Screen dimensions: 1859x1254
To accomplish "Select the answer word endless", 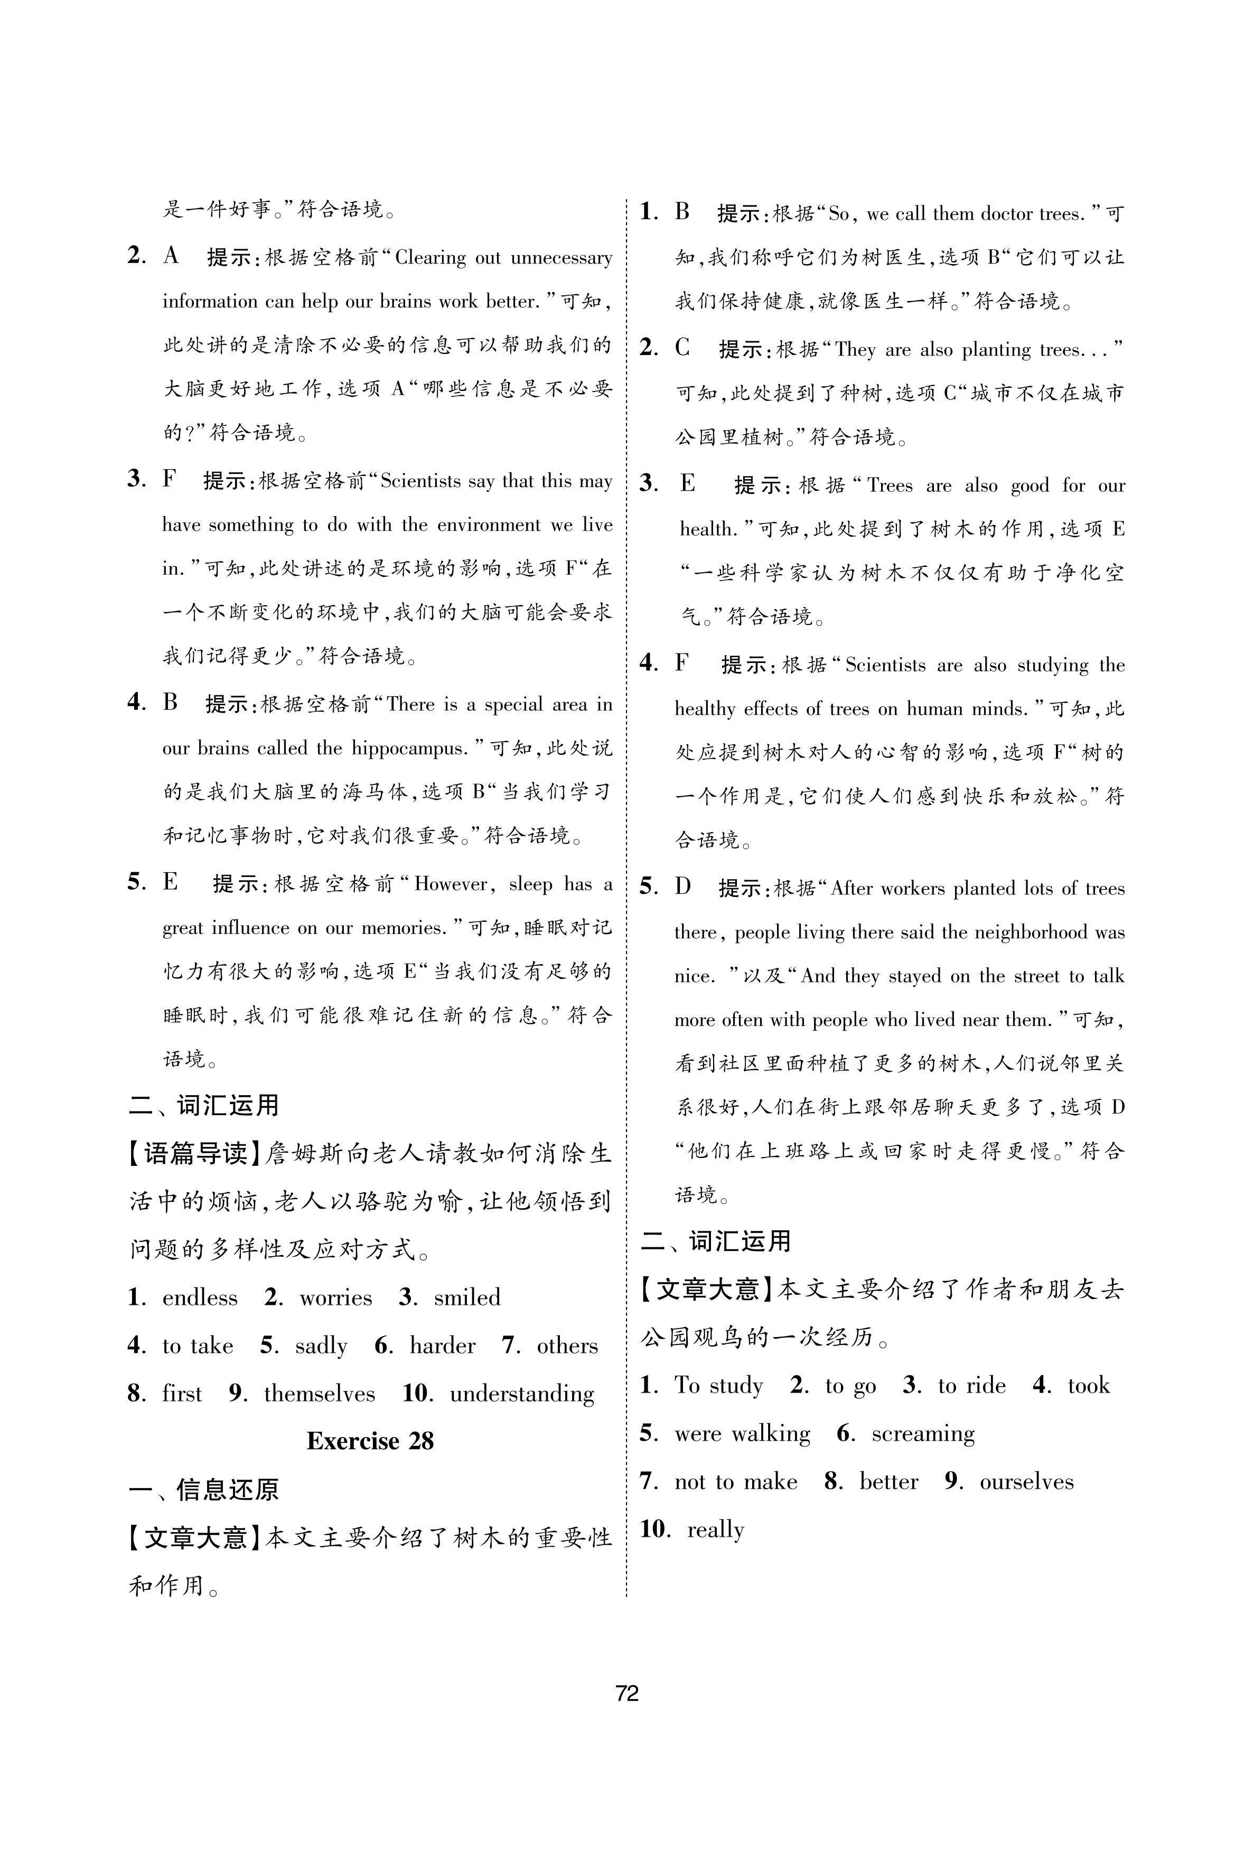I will (x=200, y=1297).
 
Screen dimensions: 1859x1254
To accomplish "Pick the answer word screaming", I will (x=923, y=1434).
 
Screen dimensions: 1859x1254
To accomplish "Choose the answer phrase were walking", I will (x=742, y=1434).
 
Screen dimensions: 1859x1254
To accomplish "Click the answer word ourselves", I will (x=1026, y=1482).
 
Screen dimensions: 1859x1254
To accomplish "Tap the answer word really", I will (x=715, y=1529).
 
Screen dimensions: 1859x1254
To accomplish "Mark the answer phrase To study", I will (x=718, y=1386).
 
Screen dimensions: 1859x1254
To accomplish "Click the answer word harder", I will (x=442, y=1346).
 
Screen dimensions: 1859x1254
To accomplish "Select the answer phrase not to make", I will (x=736, y=1482).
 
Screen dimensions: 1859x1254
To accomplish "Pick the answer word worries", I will (x=336, y=1297).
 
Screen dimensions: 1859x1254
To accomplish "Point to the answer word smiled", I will (x=467, y=1297).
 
